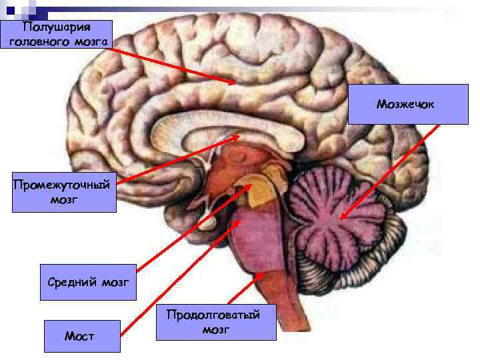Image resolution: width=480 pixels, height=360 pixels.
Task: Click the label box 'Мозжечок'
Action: click(408, 105)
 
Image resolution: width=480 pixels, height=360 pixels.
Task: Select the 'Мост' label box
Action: click(82, 336)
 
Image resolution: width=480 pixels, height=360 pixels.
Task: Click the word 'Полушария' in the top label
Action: click(57, 27)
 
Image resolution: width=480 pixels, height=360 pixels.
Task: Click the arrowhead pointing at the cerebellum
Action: click(341, 216)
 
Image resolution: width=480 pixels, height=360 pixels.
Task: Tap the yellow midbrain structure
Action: click(263, 190)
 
